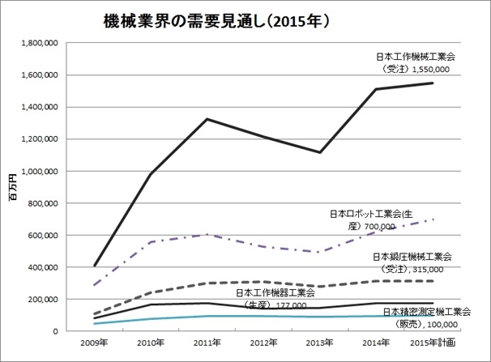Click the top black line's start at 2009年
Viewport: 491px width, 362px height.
(x=96, y=265)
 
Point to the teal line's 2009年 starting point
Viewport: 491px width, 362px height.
(x=96, y=323)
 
